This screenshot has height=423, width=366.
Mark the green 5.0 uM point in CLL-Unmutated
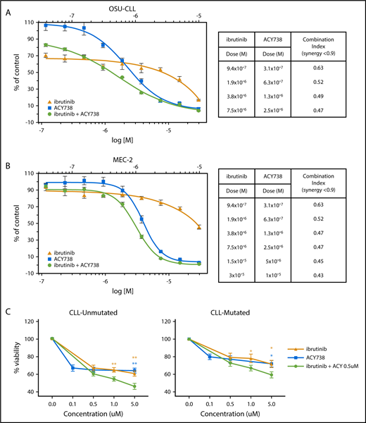pos(135,386)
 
